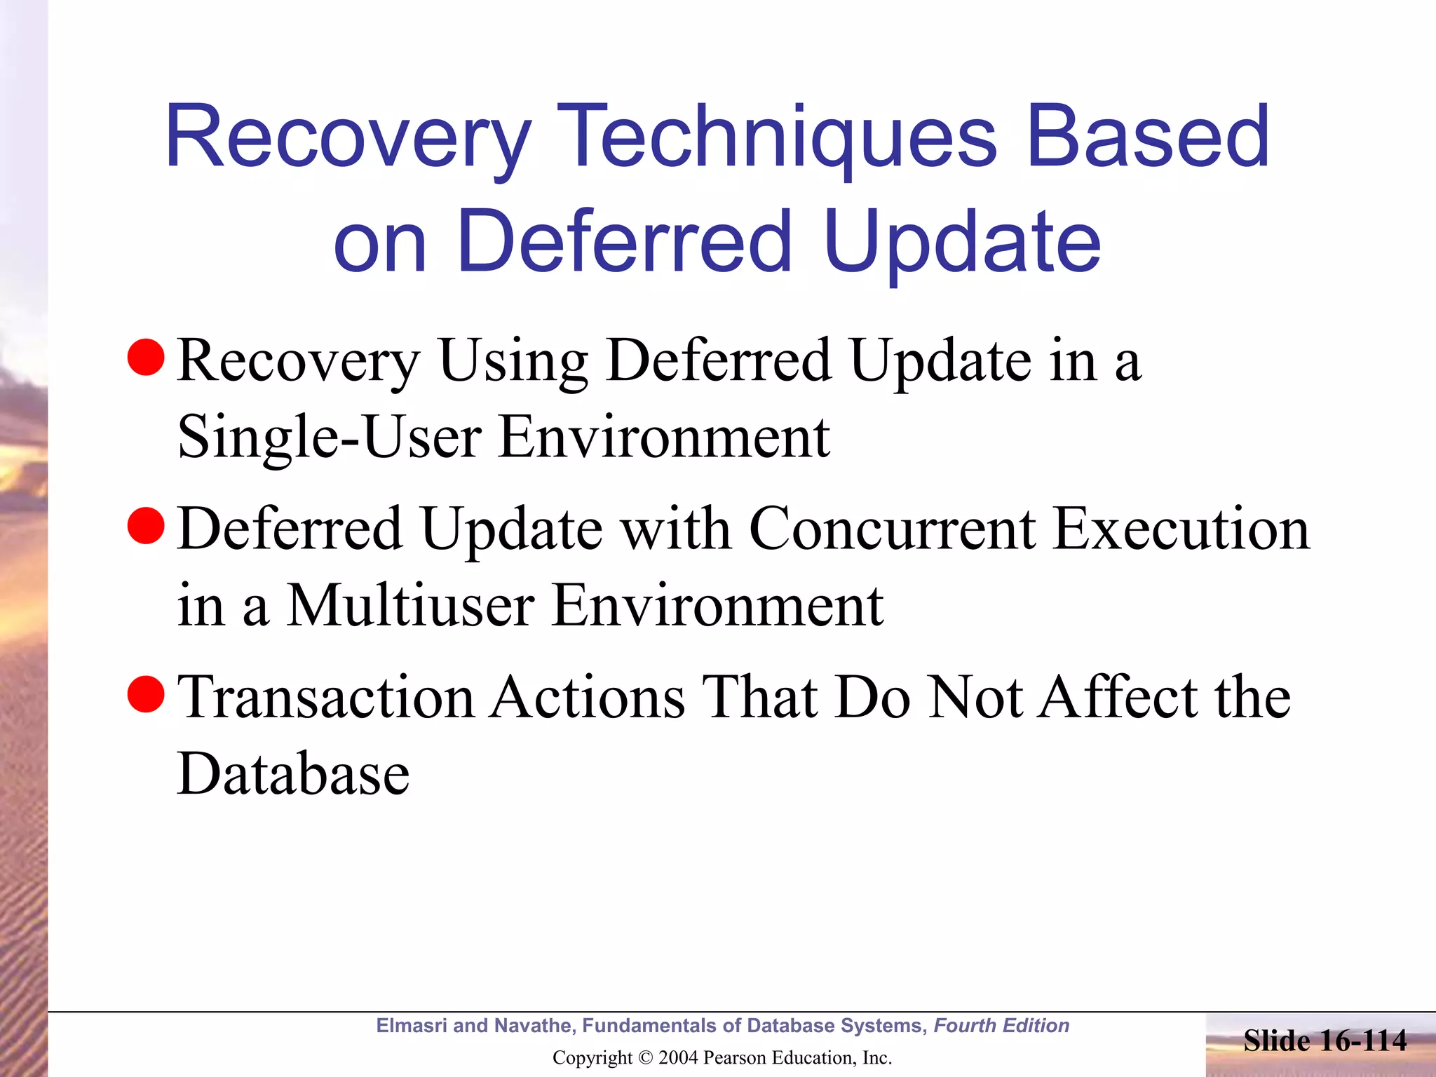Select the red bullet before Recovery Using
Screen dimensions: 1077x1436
[146, 358]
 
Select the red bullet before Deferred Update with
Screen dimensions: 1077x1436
[146, 526]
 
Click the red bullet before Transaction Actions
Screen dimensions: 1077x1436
[146, 694]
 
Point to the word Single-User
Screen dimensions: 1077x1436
[329, 438]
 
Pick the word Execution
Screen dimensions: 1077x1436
[1181, 529]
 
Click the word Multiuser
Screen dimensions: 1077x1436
[411, 605]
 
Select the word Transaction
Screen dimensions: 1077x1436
[326, 697]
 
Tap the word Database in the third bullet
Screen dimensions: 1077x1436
[293, 774]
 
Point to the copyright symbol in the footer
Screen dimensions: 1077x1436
[645, 1058]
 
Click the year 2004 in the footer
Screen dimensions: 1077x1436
[677, 1058]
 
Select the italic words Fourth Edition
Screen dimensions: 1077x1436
[1001, 1026]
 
